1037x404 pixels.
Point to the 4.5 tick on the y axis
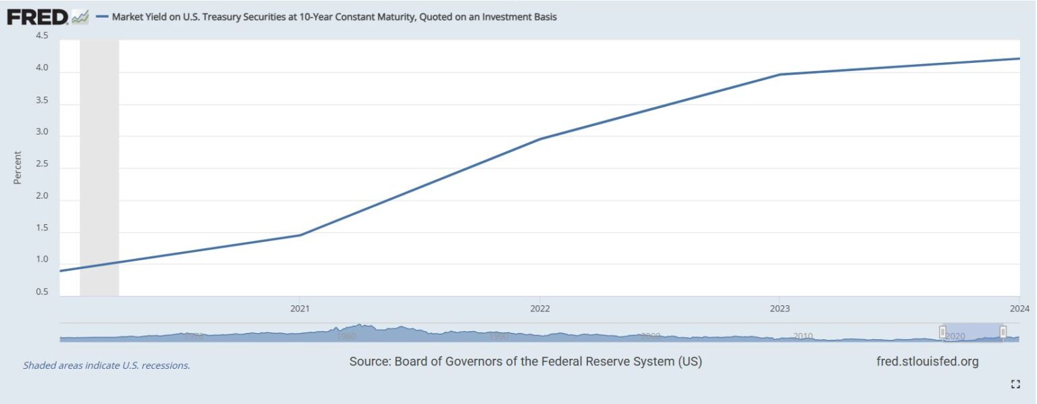[41, 36]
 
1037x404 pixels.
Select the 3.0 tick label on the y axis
[41, 132]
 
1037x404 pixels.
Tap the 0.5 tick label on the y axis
[41, 293]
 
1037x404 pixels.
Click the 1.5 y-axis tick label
[41, 228]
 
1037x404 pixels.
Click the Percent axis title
[18, 168]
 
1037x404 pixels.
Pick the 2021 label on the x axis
[300, 309]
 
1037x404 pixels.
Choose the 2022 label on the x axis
[539, 309]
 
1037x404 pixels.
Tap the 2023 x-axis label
[779, 309]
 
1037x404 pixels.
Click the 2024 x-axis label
[1019, 309]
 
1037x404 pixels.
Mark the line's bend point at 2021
[300, 235]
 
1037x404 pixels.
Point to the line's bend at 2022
[539, 139]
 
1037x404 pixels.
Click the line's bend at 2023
[779, 74]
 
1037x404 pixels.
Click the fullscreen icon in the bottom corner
[1015, 384]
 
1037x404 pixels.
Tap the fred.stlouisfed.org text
[926, 361]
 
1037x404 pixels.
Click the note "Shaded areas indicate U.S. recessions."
[107, 365]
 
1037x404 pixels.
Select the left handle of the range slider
[942, 332]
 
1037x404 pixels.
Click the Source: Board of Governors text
[525, 361]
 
